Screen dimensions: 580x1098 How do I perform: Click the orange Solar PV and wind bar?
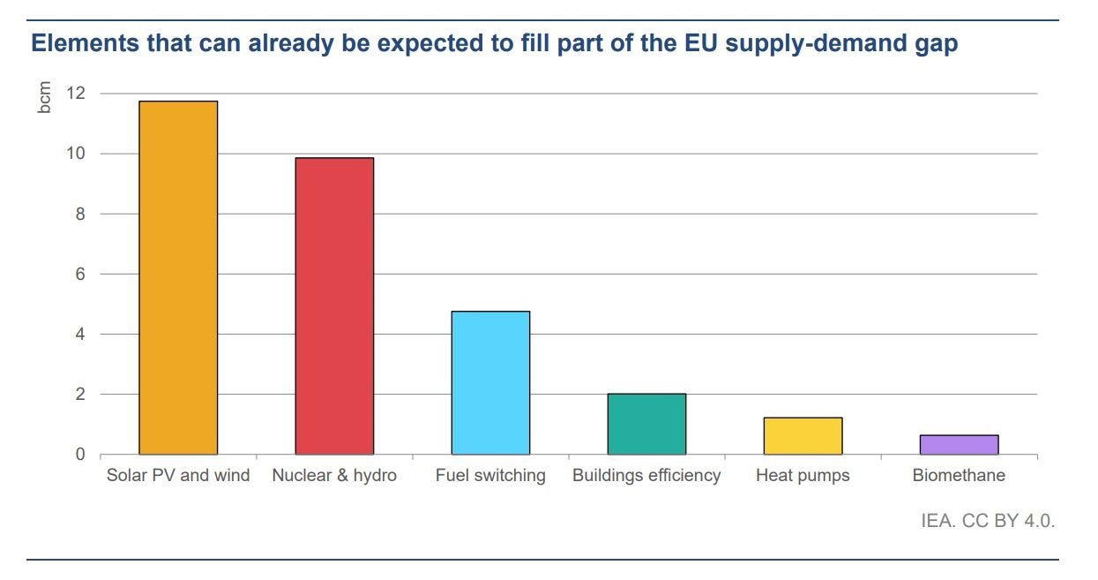(x=178, y=277)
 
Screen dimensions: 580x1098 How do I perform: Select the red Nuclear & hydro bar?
(x=334, y=305)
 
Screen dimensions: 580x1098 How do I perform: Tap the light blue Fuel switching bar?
(x=490, y=382)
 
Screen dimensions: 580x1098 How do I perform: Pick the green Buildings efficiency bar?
(x=646, y=424)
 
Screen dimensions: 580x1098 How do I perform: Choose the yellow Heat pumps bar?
(x=803, y=435)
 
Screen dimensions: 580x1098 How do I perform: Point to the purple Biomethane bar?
(x=959, y=444)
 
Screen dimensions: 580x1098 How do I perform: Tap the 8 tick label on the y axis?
(x=80, y=214)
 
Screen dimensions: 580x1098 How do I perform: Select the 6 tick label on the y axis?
(x=80, y=274)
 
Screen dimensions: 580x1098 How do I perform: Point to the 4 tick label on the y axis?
(x=80, y=334)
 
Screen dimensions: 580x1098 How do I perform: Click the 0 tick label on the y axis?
(x=80, y=455)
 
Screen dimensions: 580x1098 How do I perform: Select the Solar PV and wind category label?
(x=178, y=476)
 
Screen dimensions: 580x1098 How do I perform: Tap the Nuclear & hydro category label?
(x=334, y=476)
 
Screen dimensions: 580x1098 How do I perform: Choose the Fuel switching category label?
(x=490, y=476)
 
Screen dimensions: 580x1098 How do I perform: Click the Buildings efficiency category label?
(x=646, y=476)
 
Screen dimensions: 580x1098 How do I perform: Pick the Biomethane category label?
(x=959, y=476)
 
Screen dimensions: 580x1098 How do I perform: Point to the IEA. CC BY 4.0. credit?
(x=988, y=521)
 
